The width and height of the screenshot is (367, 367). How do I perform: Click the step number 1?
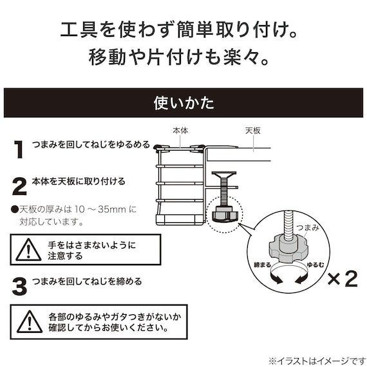[x=19, y=149]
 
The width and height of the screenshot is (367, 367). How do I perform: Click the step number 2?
[x=19, y=186]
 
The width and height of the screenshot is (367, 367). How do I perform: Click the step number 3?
[x=20, y=287]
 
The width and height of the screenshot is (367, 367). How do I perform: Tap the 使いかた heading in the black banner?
[x=183, y=103]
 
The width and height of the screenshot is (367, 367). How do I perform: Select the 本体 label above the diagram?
[x=180, y=131]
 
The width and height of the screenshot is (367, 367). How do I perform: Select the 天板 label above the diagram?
[x=253, y=131]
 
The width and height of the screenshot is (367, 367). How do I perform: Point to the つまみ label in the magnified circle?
[x=308, y=227]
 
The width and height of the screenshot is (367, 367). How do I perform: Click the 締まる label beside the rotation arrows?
[x=263, y=265]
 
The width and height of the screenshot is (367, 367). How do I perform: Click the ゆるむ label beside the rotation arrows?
[x=315, y=265]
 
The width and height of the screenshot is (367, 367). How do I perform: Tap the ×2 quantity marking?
[x=343, y=279]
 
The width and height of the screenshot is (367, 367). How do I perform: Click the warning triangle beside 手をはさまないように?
[x=28, y=250]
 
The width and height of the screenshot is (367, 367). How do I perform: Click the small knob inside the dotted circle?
[x=225, y=214]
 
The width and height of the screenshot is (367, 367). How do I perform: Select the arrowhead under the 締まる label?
[x=278, y=280]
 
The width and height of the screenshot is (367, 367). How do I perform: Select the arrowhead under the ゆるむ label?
[x=299, y=280]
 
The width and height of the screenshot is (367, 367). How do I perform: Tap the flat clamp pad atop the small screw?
[x=224, y=174]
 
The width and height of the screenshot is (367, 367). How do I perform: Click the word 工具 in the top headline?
[x=79, y=30]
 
